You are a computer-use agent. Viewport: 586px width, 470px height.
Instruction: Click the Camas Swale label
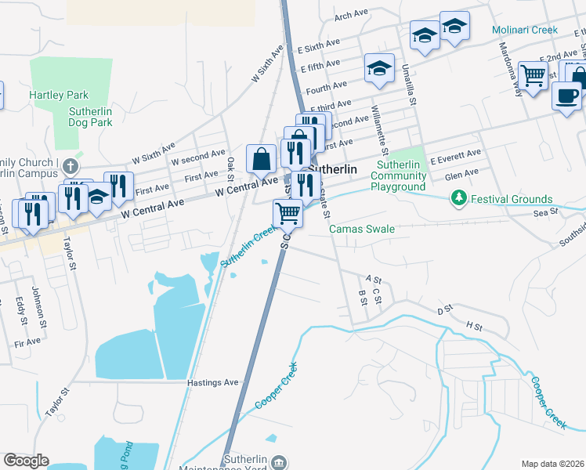(x=361, y=229)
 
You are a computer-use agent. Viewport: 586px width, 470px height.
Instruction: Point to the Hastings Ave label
(x=212, y=382)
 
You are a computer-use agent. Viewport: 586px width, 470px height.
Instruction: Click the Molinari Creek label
(x=525, y=31)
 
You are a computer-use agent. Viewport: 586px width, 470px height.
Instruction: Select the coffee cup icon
(x=566, y=95)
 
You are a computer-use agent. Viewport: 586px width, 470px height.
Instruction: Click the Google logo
(x=26, y=460)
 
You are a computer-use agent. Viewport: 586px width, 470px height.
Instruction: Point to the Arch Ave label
(x=351, y=15)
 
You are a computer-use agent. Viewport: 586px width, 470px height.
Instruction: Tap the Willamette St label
(x=379, y=130)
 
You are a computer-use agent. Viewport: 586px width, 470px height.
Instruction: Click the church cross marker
(x=71, y=167)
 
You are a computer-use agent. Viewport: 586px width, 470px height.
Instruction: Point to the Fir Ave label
(x=27, y=342)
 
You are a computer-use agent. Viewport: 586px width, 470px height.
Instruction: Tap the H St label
(x=472, y=324)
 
